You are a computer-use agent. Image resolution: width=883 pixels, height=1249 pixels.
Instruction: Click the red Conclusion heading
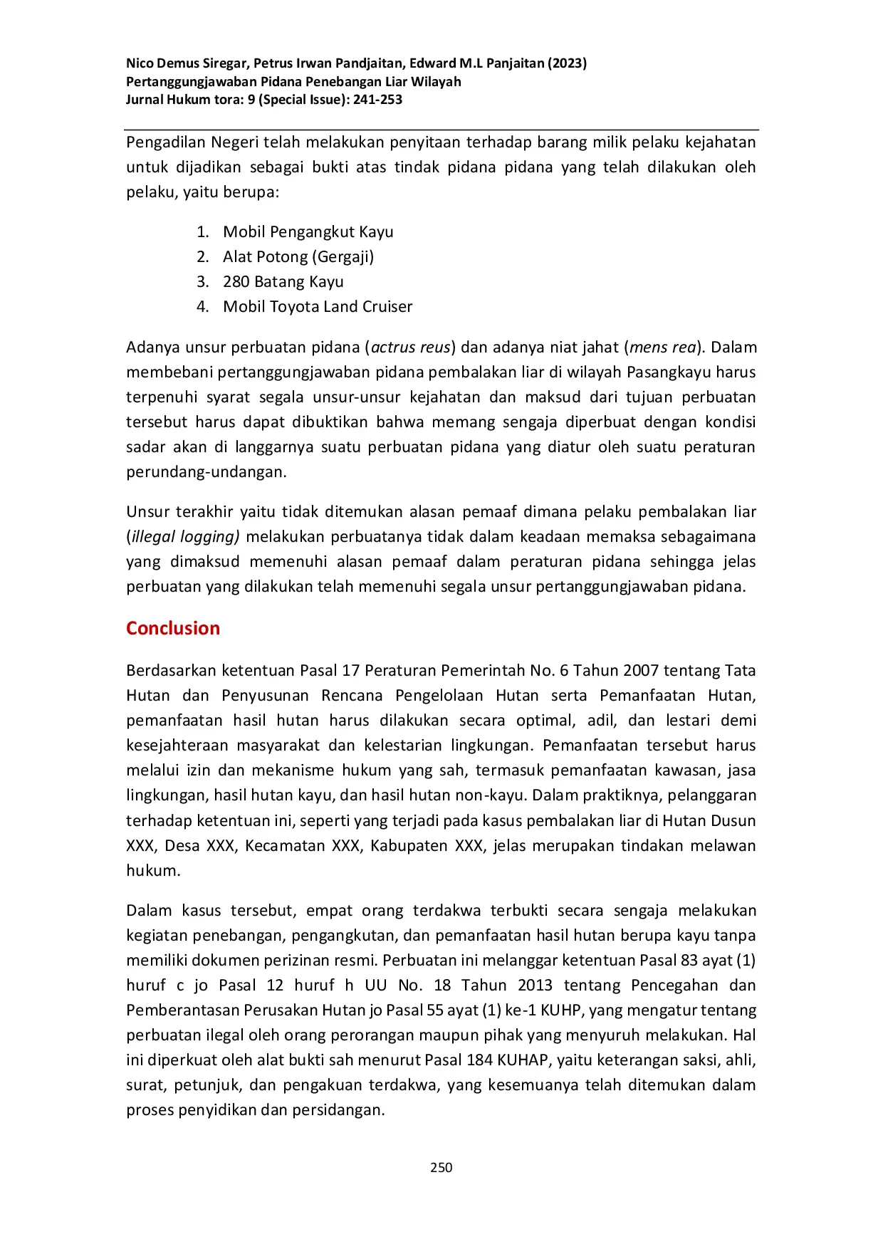[x=173, y=628]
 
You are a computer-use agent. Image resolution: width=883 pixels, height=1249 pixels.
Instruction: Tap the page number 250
[x=441, y=1167]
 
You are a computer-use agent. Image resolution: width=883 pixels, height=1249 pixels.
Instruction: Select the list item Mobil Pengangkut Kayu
[x=308, y=231]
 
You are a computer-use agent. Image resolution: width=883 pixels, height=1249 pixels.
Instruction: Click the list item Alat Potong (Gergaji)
[x=298, y=256]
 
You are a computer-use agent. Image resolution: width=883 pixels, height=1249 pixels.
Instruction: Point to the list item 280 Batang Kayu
[x=283, y=281]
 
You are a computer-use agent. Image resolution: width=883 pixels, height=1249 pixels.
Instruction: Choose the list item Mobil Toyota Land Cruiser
[x=317, y=306]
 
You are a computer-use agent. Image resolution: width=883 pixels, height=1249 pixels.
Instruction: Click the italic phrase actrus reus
[x=411, y=347]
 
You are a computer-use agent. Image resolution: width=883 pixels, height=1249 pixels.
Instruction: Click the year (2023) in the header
[x=567, y=63]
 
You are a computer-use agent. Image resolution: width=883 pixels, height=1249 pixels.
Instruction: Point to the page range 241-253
[x=377, y=100]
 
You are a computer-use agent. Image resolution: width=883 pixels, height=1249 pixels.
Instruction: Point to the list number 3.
[x=202, y=281]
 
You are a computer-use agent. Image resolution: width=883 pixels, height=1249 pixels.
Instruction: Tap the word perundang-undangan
[x=206, y=471]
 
